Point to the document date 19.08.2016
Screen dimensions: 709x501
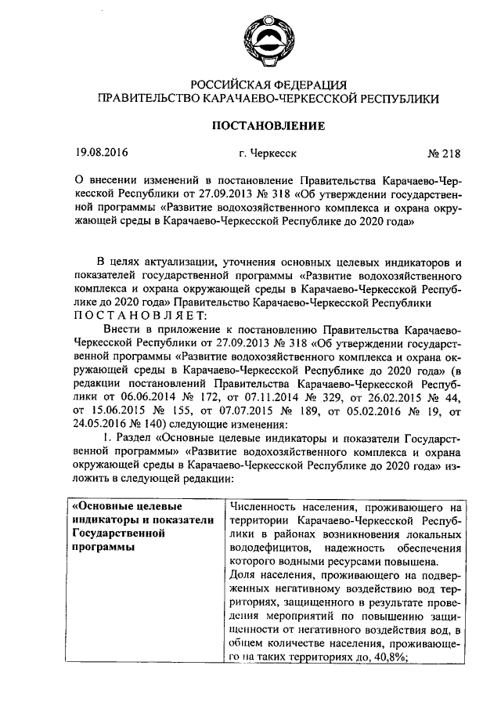coord(102,153)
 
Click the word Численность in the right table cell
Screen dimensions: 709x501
coord(264,507)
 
